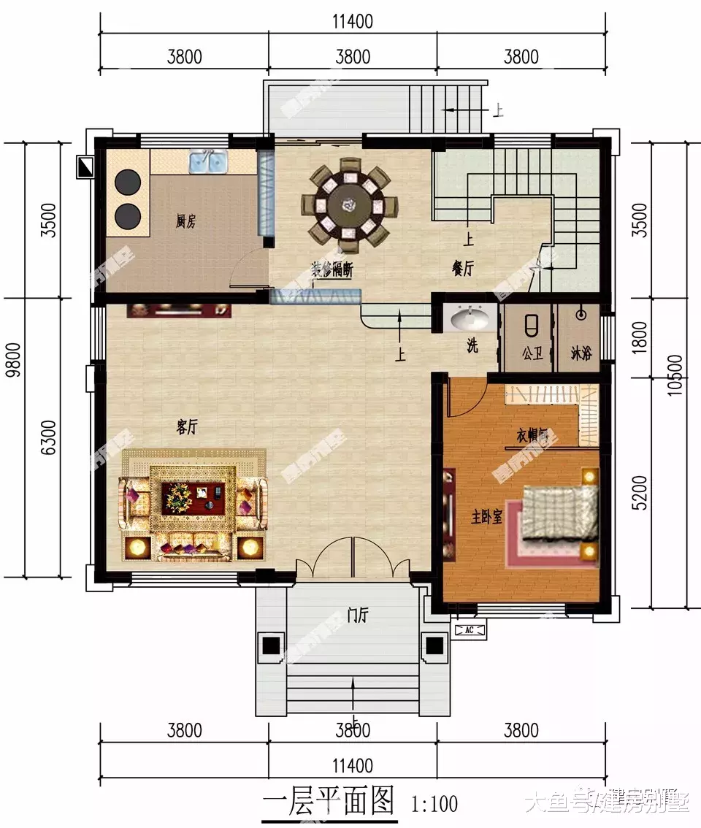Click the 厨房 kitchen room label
(x=185, y=221)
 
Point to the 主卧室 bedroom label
(x=486, y=518)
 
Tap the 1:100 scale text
(x=435, y=804)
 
